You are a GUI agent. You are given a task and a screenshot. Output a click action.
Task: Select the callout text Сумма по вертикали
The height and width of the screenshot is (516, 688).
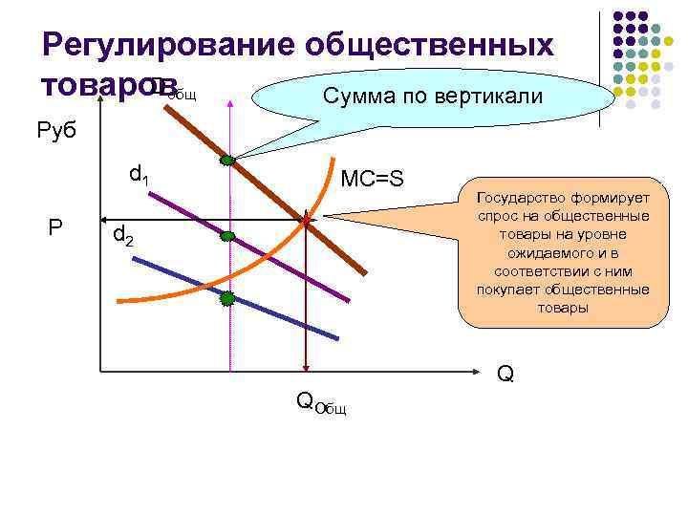pos(433,97)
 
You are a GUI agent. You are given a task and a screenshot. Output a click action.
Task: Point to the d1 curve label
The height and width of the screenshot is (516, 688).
pos(140,175)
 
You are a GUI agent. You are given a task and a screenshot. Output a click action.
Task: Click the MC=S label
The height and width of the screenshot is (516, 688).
pos(373,179)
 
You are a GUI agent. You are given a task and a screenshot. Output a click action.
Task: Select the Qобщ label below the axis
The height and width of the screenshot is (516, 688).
pos(321,402)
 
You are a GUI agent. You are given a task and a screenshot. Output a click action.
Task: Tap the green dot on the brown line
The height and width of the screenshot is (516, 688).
pos(227,161)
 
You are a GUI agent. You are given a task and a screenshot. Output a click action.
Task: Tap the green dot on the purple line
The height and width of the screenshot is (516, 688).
pos(228,236)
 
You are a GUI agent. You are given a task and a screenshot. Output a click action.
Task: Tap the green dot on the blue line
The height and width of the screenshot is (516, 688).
pos(227,298)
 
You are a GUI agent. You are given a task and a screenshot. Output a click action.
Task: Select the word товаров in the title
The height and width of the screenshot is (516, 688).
pos(95,84)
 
